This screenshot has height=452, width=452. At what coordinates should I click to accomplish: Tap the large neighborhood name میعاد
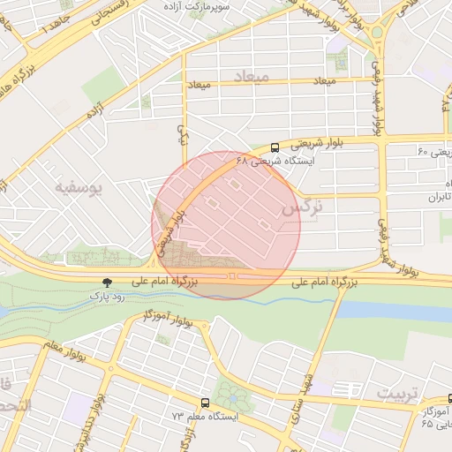pyautogui.click(x=250, y=77)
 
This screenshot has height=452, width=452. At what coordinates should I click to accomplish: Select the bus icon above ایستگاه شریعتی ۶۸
pyautogui.click(x=275, y=147)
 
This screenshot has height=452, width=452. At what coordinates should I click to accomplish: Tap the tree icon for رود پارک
pyautogui.click(x=107, y=282)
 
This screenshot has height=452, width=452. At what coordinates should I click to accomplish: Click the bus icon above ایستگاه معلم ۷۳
pyautogui.click(x=205, y=402)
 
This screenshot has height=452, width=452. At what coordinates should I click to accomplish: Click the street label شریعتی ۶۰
pyautogui.click(x=434, y=153)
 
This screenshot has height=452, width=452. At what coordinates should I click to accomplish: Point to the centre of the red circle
pyautogui.click(x=226, y=225)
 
